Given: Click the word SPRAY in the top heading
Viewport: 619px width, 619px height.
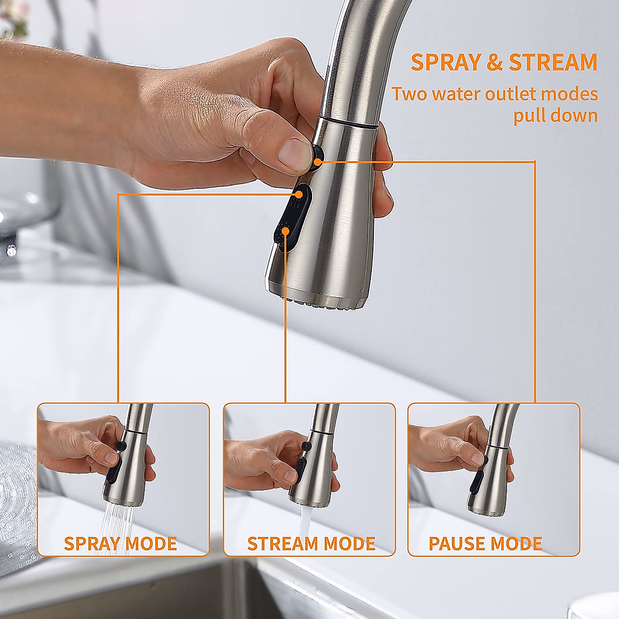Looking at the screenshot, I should pyautogui.click(x=445, y=62).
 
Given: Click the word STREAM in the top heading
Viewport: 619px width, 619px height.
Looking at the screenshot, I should pyautogui.click(x=552, y=62).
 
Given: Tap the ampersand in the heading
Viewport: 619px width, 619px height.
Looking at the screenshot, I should pyautogui.click(x=494, y=62).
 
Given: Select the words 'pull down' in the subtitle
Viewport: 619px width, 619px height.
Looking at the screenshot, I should pyautogui.click(x=555, y=116).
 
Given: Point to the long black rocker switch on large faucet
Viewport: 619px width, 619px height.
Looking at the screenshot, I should pyautogui.click(x=292, y=219).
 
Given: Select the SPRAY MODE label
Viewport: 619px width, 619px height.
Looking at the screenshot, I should pyautogui.click(x=120, y=543).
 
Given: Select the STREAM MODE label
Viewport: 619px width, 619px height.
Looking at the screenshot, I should pyautogui.click(x=311, y=543).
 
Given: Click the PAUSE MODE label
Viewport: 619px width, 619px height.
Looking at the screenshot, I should pyautogui.click(x=485, y=543).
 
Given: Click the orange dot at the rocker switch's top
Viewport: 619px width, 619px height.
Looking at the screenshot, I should pyautogui.click(x=300, y=194).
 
